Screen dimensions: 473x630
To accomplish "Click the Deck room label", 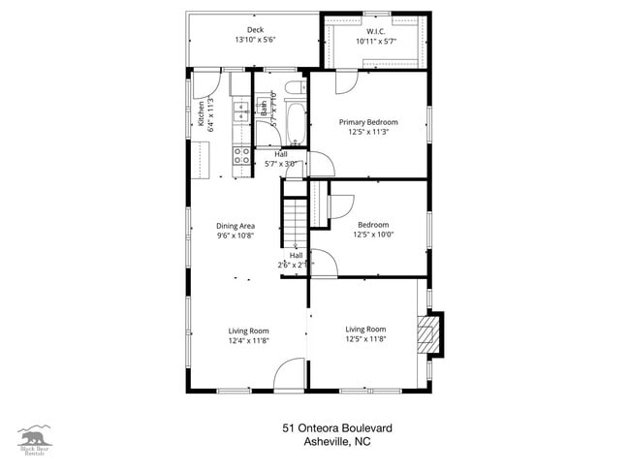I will click(255, 30).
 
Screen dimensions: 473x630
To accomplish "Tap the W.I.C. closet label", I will click(376, 30).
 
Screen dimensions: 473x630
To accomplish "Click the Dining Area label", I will click(236, 225).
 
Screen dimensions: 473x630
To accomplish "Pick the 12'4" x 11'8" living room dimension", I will click(249, 340).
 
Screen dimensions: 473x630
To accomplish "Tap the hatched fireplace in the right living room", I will click(426, 334).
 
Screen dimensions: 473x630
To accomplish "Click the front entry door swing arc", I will click(290, 375).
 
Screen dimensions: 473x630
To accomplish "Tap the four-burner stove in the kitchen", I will click(241, 158).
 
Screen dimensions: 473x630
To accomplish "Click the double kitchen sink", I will click(240, 114).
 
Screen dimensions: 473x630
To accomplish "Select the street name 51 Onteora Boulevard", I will click(337, 427).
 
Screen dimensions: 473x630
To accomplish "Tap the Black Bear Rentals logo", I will click(35, 440).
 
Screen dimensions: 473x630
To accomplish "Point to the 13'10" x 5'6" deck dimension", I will click(255, 41).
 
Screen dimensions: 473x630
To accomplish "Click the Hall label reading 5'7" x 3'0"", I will click(281, 159).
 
